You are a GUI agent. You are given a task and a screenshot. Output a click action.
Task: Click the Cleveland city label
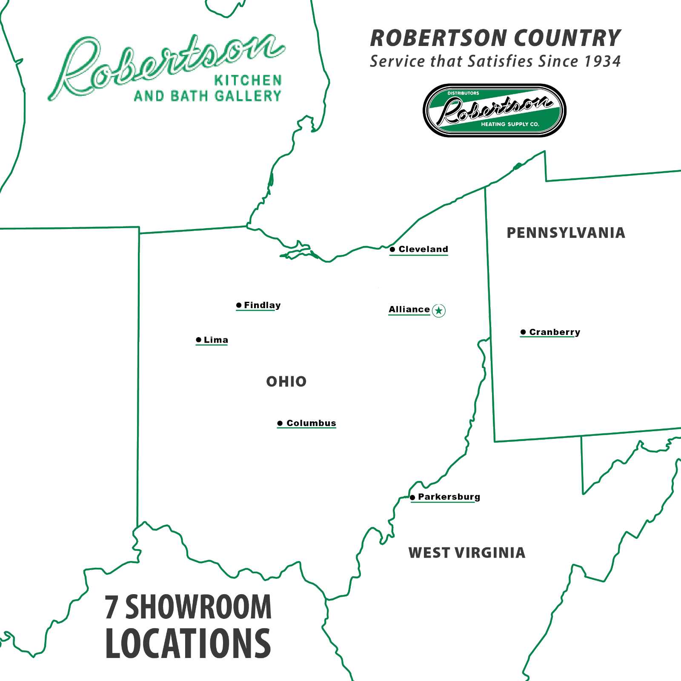tap(423, 249)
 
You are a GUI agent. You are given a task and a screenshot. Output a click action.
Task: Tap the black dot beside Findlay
tap(239, 305)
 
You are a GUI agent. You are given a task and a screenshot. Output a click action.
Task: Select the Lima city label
tap(216, 340)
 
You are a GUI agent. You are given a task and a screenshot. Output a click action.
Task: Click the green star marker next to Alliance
tap(439, 311)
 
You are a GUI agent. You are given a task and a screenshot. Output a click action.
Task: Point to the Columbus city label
tap(311, 423)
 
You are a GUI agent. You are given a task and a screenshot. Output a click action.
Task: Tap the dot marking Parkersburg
tap(412, 497)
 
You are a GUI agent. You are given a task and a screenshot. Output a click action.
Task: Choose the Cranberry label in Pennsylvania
tap(555, 332)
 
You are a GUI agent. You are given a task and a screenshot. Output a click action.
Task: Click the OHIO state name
tap(286, 382)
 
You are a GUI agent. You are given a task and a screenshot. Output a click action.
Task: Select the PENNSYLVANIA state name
tap(566, 233)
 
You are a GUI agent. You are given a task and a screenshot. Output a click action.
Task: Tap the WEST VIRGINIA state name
tap(467, 553)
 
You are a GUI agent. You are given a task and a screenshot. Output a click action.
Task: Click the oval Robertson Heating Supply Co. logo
tap(494, 110)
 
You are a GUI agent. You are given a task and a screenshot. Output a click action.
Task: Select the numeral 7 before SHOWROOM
tap(111, 607)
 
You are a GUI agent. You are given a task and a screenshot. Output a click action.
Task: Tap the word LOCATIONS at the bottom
tap(188, 644)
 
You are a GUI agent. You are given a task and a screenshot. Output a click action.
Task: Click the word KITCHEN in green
tap(248, 80)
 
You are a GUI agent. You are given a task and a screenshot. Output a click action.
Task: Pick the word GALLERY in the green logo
tap(248, 96)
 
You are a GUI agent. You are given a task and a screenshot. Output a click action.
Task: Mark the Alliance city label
tap(409, 309)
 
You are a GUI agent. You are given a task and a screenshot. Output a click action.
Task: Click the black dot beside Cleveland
tap(392, 249)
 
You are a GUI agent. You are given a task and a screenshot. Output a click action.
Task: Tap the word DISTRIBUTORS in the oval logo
tap(463, 93)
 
